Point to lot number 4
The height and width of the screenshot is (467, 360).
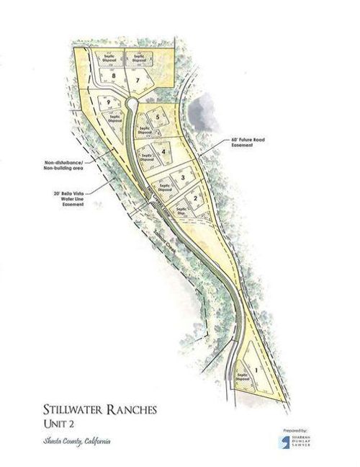[166, 152]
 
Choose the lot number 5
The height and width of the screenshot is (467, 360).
[157, 117]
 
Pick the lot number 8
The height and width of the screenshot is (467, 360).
[114, 76]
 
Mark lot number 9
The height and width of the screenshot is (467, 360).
[109, 103]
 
